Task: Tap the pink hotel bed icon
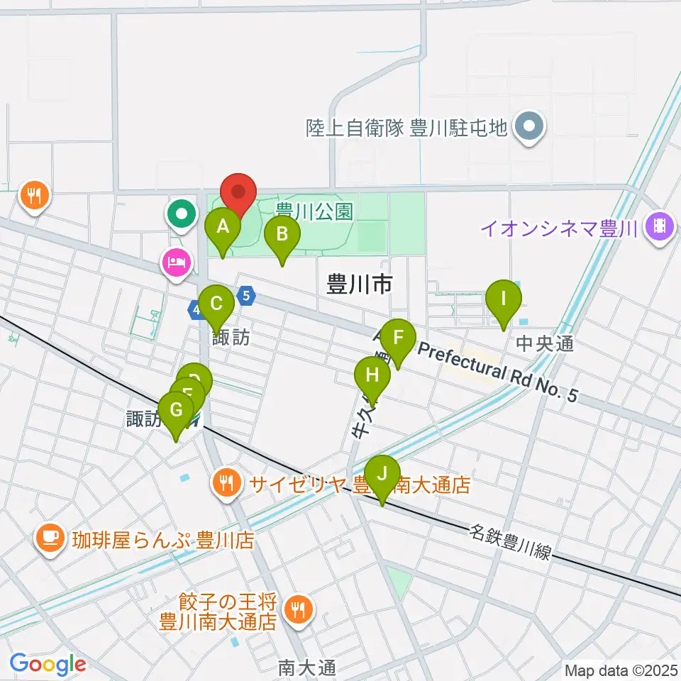[x=175, y=263]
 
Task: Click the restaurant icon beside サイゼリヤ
[x=227, y=485]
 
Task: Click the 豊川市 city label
[x=360, y=284]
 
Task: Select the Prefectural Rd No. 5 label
[x=496, y=371]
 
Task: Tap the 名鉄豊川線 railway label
[x=509, y=541]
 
